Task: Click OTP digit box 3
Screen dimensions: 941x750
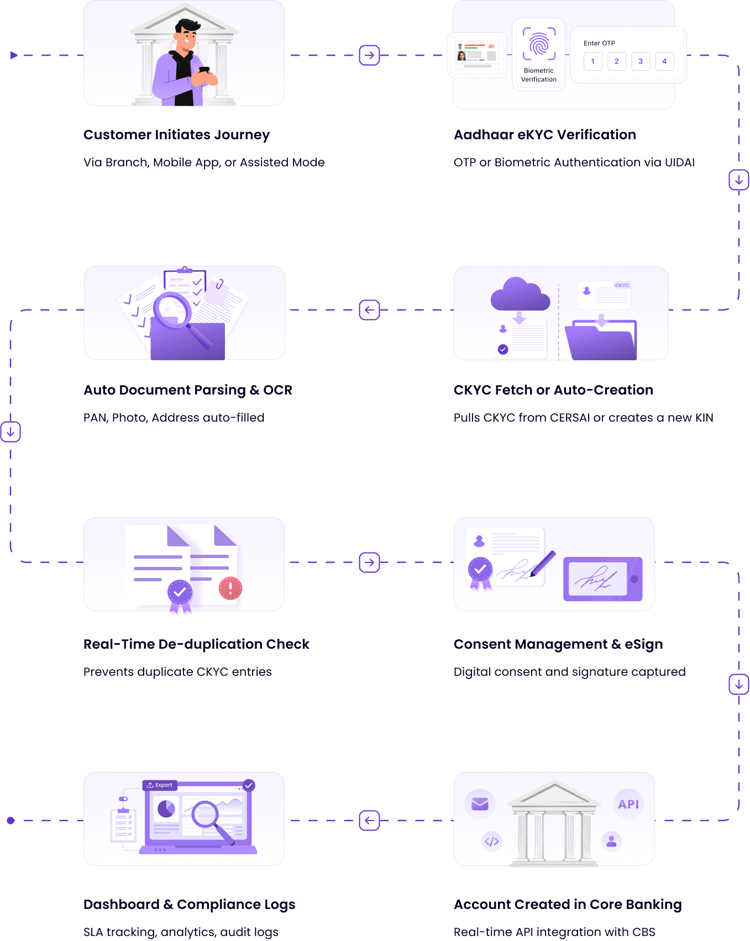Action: [641, 61]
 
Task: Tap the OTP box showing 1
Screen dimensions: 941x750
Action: [593, 61]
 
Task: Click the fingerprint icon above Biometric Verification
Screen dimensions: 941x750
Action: [539, 44]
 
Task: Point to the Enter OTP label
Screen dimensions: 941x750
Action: [599, 43]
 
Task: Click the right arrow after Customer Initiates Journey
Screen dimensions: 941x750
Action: [369, 55]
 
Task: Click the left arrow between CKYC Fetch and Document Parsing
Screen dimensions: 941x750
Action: [369, 310]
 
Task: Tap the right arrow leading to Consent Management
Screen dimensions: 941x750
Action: [369, 563]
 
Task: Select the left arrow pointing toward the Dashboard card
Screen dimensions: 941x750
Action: [369, 821]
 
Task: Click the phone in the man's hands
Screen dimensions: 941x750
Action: [204, 70]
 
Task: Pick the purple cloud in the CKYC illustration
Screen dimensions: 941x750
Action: [520, 295]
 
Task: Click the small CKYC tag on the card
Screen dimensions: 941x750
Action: [622, 285]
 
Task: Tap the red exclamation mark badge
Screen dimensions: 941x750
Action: [230, 588]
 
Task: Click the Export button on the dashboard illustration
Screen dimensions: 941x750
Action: [159, 785]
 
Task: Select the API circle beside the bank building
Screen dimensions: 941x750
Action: [628, 805]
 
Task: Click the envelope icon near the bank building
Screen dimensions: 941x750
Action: [480, 804]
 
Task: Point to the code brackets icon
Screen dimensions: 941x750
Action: [492, 842]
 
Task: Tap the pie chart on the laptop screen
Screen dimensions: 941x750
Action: [166, 809]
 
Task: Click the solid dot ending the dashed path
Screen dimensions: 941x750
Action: [11, 821]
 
